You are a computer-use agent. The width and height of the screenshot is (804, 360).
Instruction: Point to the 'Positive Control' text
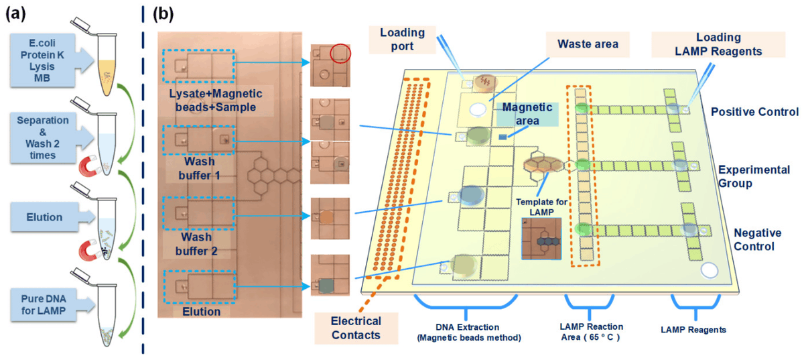click(755, 111)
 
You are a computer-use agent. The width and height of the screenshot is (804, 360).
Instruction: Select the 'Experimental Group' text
click(748, 176)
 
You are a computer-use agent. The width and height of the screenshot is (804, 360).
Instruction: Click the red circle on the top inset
click(340, 52)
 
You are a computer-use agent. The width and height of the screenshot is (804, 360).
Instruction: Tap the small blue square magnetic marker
click(503, 136)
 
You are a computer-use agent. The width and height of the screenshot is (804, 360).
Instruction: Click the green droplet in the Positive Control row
click(581, 108)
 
